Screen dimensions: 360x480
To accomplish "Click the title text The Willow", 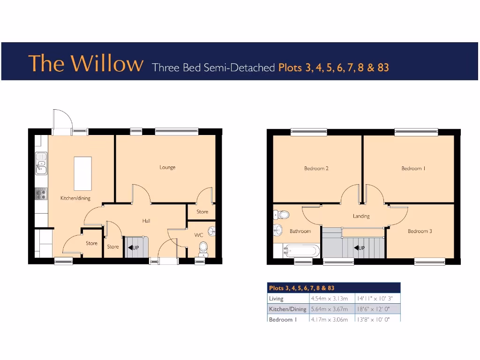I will (86, 63).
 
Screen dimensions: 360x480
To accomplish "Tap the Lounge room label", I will (167, 167).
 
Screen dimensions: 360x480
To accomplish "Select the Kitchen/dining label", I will (75, 198).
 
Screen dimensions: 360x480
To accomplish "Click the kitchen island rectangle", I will (82, 173).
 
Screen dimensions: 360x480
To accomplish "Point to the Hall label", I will (147, 221).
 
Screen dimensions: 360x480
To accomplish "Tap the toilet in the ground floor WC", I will (203, 248).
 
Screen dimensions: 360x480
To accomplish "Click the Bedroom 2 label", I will (316, 168).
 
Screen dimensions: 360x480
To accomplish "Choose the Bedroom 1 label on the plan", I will (413, 168).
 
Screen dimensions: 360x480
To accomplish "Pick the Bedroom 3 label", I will (420, 231).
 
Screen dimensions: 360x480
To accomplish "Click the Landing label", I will (361, 216).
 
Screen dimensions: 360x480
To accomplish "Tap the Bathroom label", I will (300, 231).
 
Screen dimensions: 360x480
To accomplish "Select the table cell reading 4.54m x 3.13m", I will (329, 299).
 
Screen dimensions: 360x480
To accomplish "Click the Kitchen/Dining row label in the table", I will (287, 309).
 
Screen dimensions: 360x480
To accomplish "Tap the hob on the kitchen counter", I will (41, 193).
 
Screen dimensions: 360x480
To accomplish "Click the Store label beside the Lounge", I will (202, 212).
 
